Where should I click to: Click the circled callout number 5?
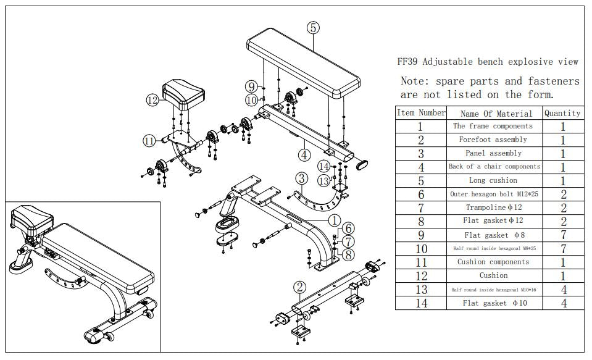[314, 27]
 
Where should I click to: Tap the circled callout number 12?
[152, 99]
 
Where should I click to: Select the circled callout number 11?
[149, 141]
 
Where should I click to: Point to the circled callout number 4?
[304, 154]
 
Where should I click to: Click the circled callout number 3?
[301, 179]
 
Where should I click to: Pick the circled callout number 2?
[299, 287]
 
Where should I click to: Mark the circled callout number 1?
[334, 219]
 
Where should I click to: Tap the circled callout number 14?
[323, 165]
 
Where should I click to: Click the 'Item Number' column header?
[420, 113]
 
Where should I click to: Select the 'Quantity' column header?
[562, 113]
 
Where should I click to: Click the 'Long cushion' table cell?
[493, 180]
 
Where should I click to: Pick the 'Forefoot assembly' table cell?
[493, 140]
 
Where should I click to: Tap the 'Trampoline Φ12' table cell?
[493, 207]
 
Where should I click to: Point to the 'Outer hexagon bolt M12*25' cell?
[493, 194]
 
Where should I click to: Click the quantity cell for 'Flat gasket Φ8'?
[562, 235]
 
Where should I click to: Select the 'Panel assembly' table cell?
[493, 153]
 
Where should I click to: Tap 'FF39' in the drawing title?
[407, 62]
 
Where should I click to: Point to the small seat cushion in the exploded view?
[183, 96]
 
